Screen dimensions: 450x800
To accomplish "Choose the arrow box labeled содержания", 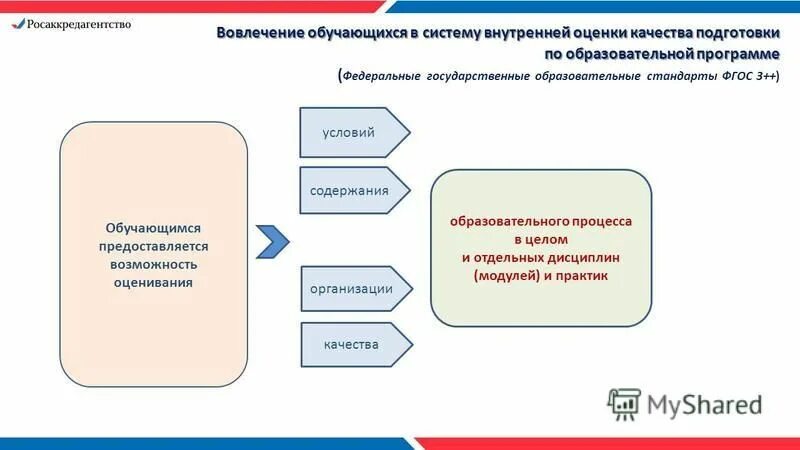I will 350,190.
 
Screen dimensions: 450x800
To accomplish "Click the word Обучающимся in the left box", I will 153,228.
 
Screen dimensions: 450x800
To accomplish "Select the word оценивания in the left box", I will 153,282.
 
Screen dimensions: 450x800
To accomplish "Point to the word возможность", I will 153,264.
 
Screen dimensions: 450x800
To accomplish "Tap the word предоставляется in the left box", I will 153,246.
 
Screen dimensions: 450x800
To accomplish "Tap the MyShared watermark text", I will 705,404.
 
